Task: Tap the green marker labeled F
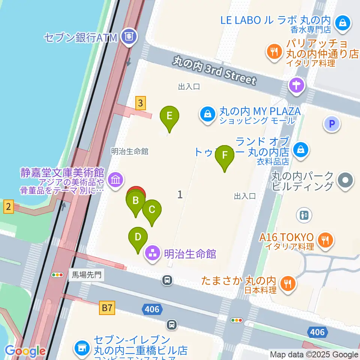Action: click(x=225, y=155)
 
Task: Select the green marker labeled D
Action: click(x=138, y=237)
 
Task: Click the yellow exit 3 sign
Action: click(x=140, y=103)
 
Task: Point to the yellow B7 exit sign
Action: click(x=107, y=308)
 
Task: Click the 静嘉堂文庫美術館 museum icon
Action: click(x=115, y=180)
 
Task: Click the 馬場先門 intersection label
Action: click(x=86, y=275)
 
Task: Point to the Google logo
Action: click(x=25, y=351)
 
